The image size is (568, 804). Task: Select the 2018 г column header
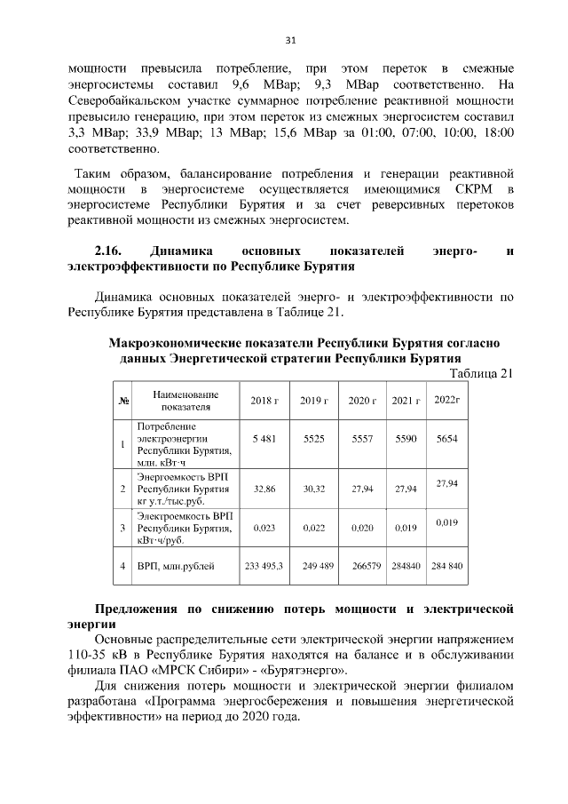coord(264,402)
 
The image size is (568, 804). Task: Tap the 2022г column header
coord(447,400)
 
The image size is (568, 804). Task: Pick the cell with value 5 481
coord(264,439)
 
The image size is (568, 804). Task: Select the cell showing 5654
coord(447,439)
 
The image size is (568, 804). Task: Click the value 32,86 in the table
coord(264,489)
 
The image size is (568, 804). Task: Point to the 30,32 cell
coord(314,489)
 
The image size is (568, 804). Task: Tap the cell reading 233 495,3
coord(264,566)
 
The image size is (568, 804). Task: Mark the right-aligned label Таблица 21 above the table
coord(482,373)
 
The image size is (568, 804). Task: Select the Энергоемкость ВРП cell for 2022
coord(447,482)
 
